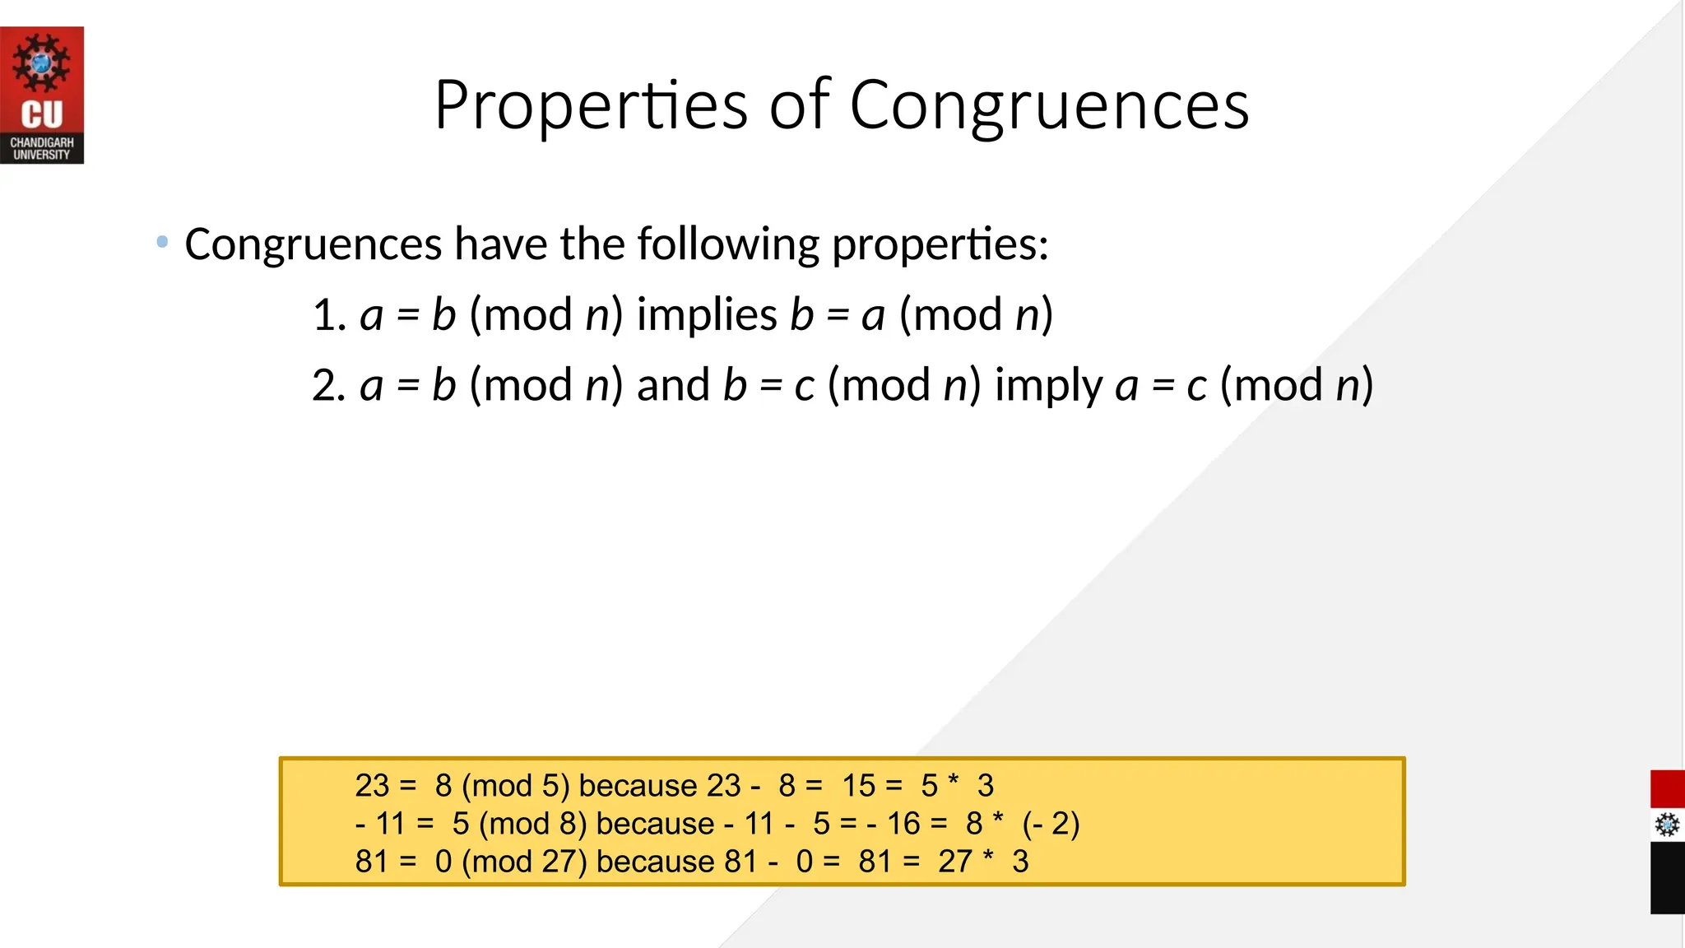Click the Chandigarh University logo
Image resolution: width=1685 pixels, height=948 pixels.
point(42,95)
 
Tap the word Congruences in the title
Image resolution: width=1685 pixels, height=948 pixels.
point(1049,105)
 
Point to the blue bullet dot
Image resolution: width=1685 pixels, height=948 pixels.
point(162,242)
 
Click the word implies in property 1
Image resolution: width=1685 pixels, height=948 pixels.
point(707,315)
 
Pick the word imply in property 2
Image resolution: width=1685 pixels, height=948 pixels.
point(1048,386)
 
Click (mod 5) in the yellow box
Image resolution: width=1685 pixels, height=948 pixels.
point(515,786)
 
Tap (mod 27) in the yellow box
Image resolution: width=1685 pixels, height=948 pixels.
point(524,862)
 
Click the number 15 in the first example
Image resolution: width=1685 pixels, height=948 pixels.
point(858,786)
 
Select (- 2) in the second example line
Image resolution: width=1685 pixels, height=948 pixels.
point(1051,824)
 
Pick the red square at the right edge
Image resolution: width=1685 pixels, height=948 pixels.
point(1667,789)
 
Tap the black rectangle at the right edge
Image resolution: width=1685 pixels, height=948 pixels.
point(1667,878)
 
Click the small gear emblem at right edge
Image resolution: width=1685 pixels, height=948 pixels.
point(1667,825)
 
